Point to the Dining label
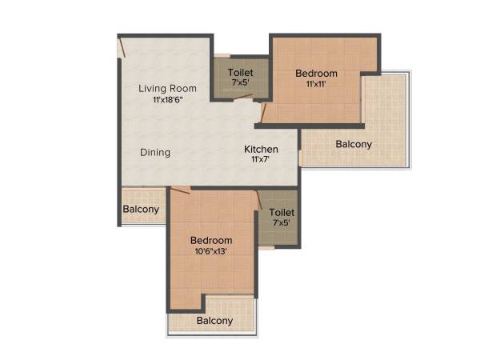pyautogui.click(x=155, y=152)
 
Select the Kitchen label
pyautogui.click(x=261, y=149)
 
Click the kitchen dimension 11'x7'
pyautogui.click(x=261, y=159)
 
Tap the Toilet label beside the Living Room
pyautogui.click(x=241, y=72)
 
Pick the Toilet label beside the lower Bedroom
pyautogui.click(x=282, y=212)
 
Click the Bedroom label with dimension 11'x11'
pyautogui.click(x=316, y=74)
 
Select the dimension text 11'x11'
pyautogui.click(x=316, y=84)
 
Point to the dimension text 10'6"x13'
pyautogui.click(x=211, y=251)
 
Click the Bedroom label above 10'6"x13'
pyautogui.click(x=211, y=240)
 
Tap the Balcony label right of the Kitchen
pyautogui.click(x=353, y=145)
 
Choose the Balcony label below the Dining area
pyautogui.click(x=141, y=210)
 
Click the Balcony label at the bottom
pyautogui.click(x=214, y=321)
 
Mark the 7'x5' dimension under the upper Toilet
pyautogui.click(x=241, y=82)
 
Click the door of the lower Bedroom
pyautogui.click(x=181, y=190)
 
